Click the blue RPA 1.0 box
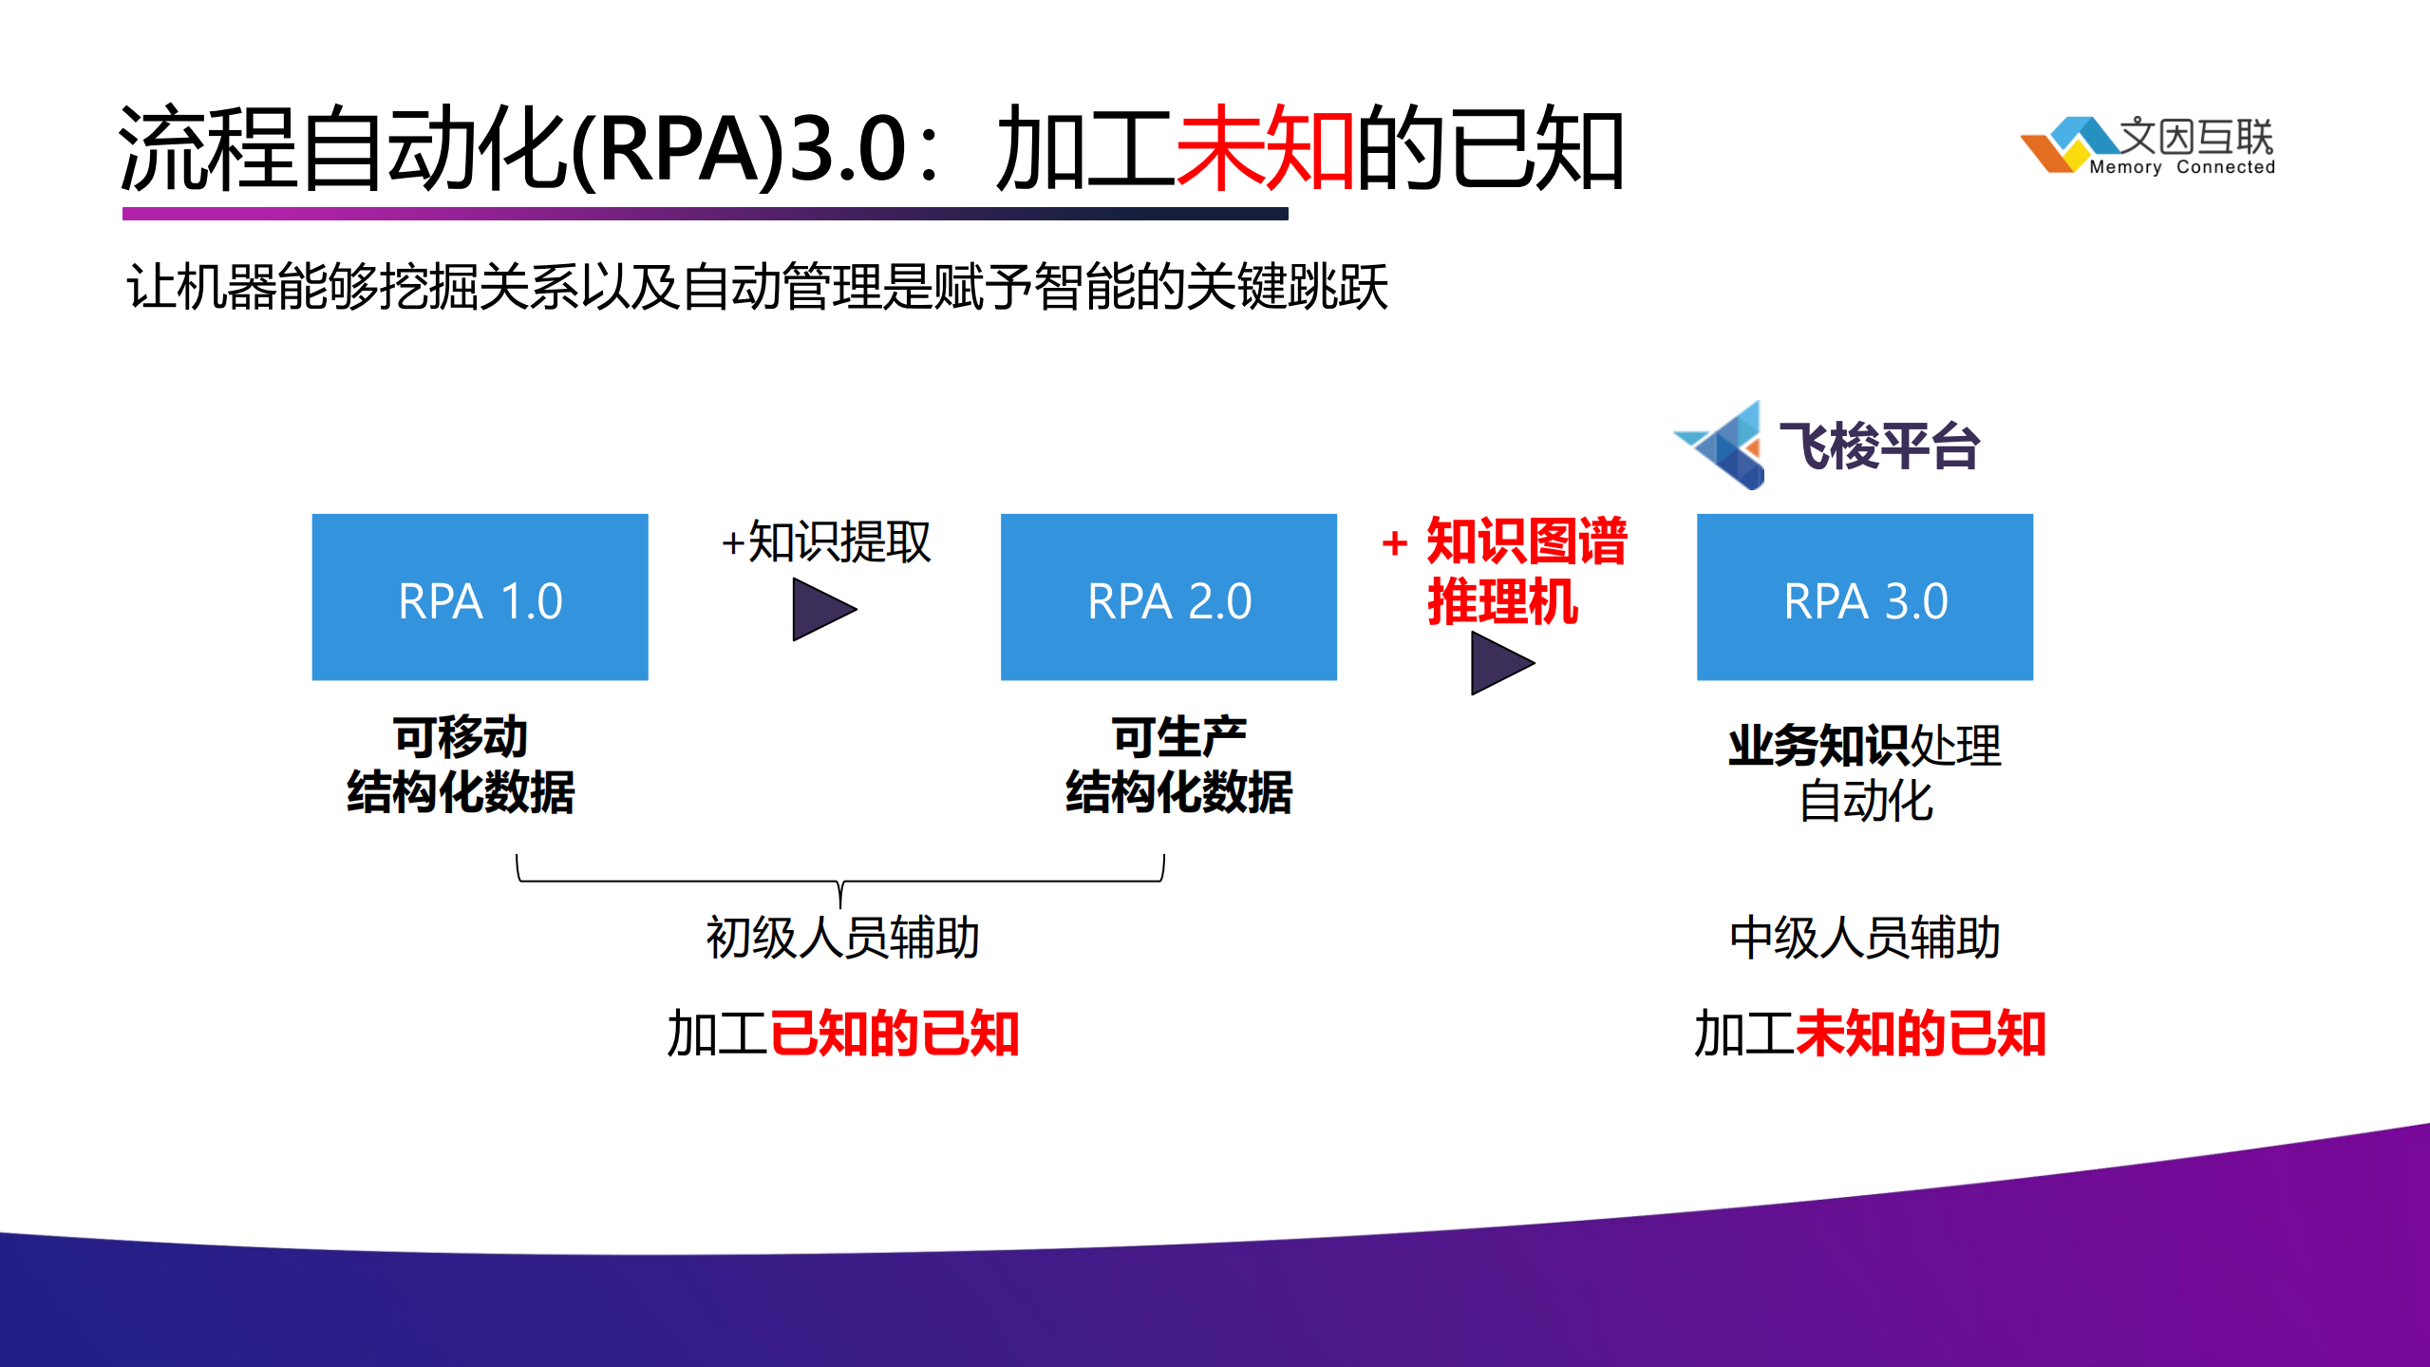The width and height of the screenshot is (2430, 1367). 480,597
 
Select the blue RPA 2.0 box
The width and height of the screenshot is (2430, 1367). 1168,597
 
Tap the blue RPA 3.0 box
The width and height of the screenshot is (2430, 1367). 1864,597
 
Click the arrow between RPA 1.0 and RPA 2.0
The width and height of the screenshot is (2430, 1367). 821,610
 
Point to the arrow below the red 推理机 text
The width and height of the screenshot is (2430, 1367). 1499,663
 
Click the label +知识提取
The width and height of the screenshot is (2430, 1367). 825,541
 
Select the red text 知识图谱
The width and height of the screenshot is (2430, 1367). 1526,541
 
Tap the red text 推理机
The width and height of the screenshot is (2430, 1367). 1502,601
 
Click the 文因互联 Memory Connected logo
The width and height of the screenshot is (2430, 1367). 2148,145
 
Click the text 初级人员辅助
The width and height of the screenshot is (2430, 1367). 841,938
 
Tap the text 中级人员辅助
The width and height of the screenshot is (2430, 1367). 1864,938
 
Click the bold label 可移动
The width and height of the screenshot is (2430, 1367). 460,737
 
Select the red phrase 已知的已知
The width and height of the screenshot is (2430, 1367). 894,1034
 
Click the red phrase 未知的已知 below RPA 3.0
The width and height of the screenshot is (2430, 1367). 1920,1034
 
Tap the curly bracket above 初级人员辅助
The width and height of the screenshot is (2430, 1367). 840,879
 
